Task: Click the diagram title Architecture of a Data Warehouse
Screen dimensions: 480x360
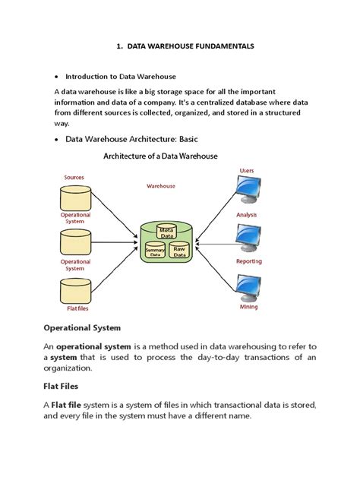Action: point(160,156)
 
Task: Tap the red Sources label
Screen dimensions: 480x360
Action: point(74,177)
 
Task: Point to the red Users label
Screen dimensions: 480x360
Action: point(247,170)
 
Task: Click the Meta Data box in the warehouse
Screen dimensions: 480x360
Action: point(168,232)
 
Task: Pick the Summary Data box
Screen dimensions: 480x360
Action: point(155,251)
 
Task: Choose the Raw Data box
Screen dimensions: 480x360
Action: point(180,251)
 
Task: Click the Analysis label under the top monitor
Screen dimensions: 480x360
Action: point(247,214)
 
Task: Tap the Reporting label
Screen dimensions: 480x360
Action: point(248,261)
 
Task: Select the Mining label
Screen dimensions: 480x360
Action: point(248,307)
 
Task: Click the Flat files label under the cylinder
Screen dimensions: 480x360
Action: point(74,309)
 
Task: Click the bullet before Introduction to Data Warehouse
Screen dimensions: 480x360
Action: point(58,77)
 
